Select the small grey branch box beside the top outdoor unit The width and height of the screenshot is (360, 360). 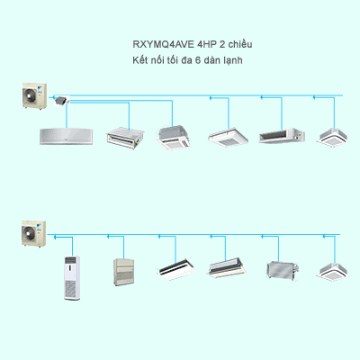[62, 100]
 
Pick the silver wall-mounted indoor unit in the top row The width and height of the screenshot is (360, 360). [66, 136]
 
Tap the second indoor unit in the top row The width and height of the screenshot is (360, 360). [123, 137]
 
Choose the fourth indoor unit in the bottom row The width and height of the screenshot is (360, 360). [225, 268]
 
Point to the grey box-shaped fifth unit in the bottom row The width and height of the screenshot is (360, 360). [277, 269]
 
